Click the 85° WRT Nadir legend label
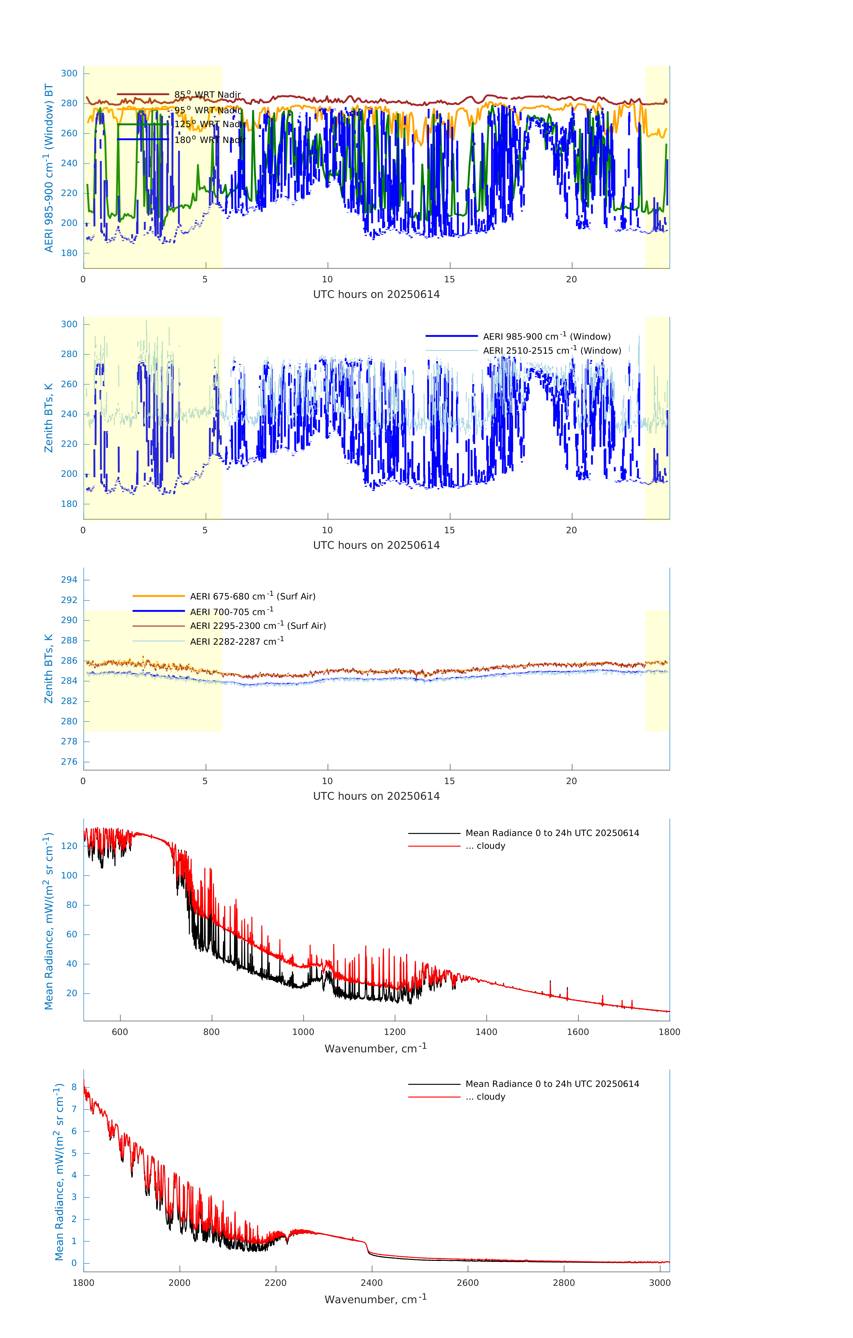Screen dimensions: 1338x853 pyautogui.click(x=207, y=95)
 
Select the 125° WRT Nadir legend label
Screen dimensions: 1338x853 pyautogui.click(x=209, y=124)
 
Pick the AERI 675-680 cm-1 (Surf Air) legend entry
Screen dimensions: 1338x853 pyautogui.click(x=252, y=596)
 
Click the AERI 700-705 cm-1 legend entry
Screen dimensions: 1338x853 pyautogui.click(x=231, y=612)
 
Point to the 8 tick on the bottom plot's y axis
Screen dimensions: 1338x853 pyautogui.click(x=74, y=1087)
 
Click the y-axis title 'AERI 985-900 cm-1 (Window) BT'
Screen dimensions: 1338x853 pyautogui.click(x=49, y=168)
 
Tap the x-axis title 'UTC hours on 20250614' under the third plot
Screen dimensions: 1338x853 pyautogui.click(x=376, y=796)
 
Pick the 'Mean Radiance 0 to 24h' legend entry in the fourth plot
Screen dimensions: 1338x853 pyautogui.click(x=552, y=833)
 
